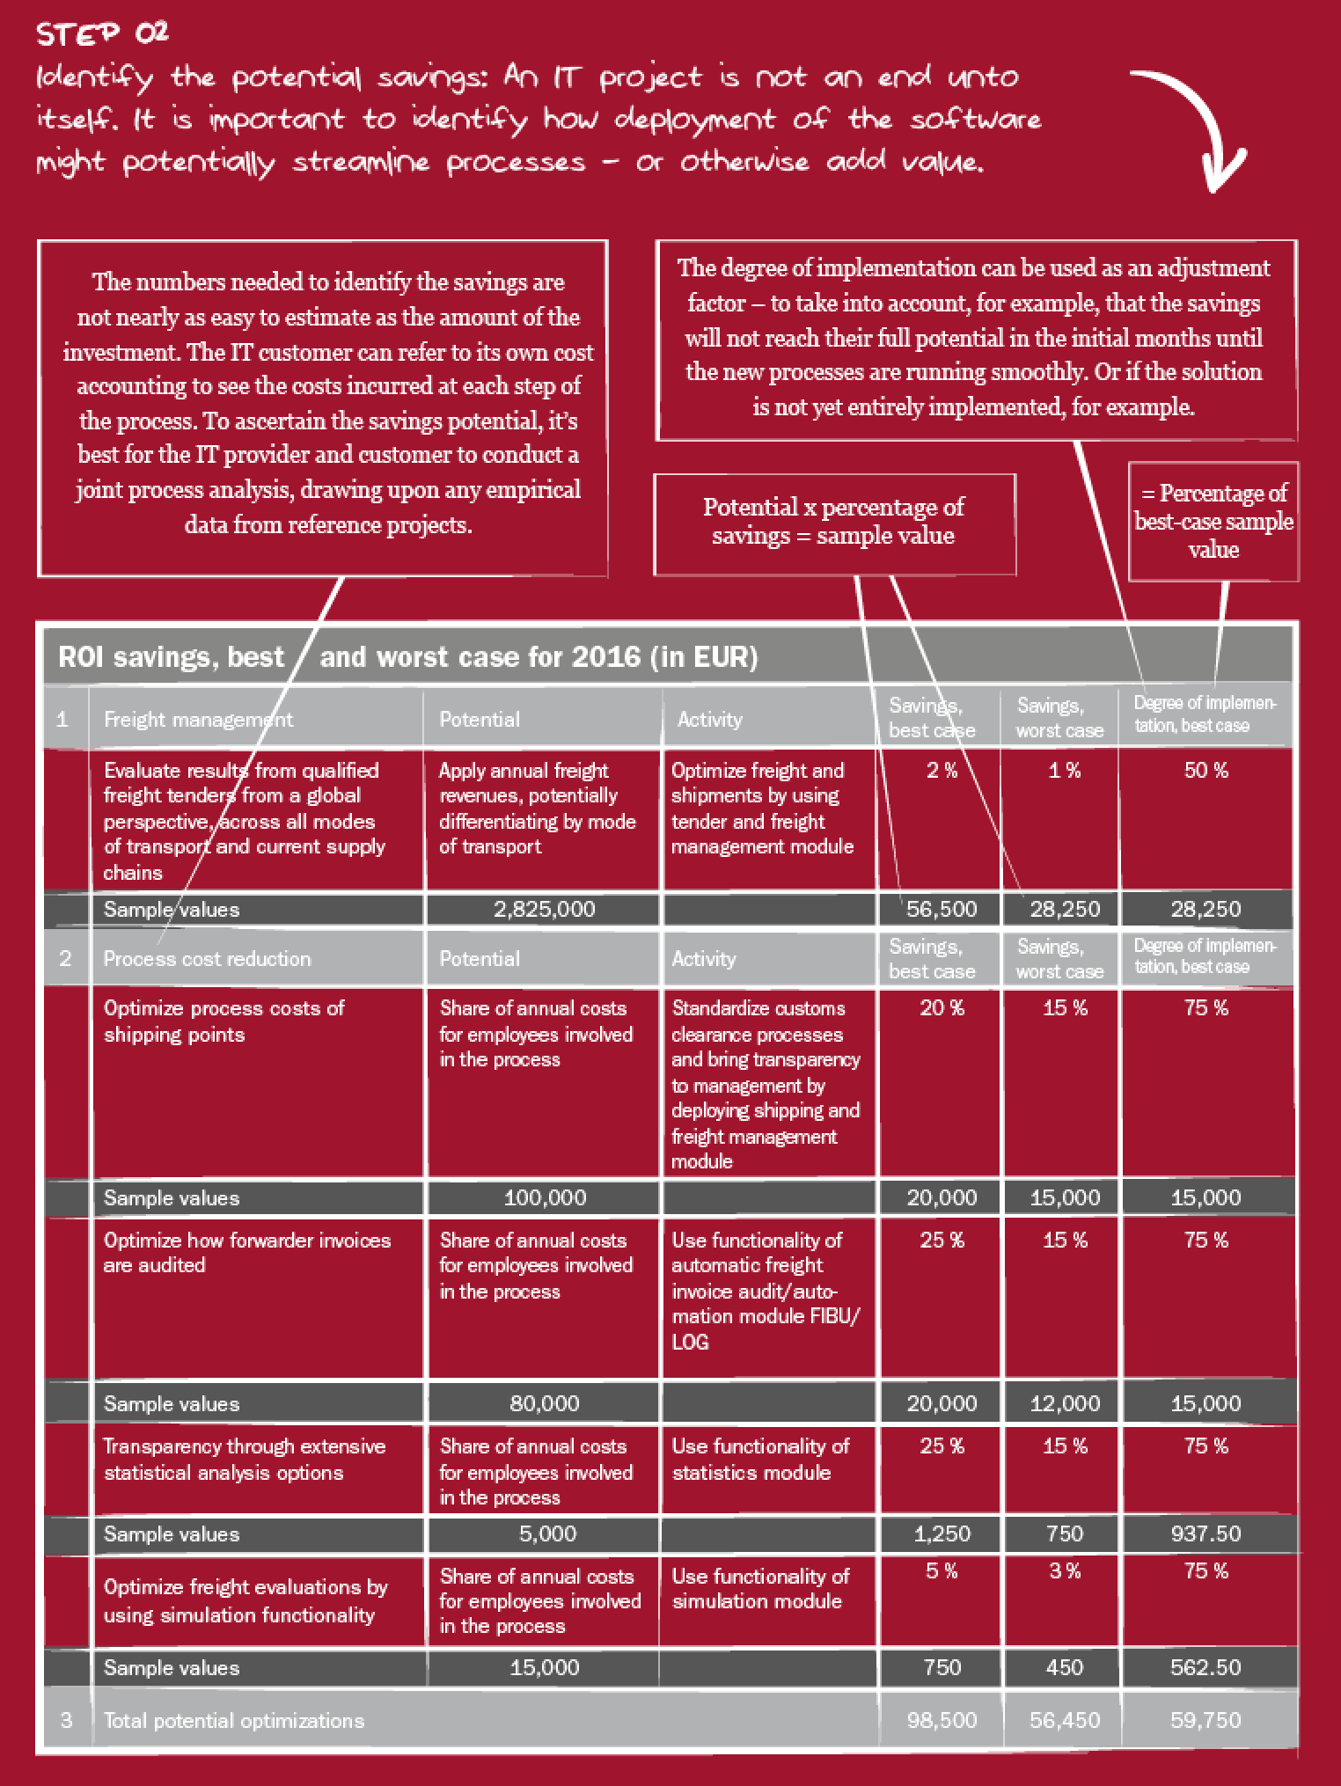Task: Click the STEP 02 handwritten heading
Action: tap(103, 33)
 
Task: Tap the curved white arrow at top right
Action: tap(1197, 123)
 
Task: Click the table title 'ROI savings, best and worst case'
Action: tap(407, 657)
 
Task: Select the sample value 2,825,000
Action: tap(545, 909)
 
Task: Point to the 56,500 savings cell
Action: tap(942, 909)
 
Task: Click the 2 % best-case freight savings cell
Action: tap(942, 771)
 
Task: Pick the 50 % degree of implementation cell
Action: tap(1205, 771)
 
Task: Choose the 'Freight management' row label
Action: tap(198, 720)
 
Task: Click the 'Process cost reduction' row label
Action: tap(207, 959)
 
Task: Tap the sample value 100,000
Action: tap(545, 1197)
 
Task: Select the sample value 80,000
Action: tap(545, 1403)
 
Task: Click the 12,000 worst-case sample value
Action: tap(1065, 1403)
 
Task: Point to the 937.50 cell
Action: tap(1205, 1533)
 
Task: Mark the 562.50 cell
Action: tap(1205, 1667)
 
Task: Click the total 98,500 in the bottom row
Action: tap(942, 1720)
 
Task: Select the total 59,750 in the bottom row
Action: tap(1205, 1720)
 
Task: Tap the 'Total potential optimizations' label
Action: tap(234, 1720)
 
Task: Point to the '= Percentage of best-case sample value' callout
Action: tap(1213, 521)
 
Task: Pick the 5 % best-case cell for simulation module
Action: tap(942, 1570)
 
